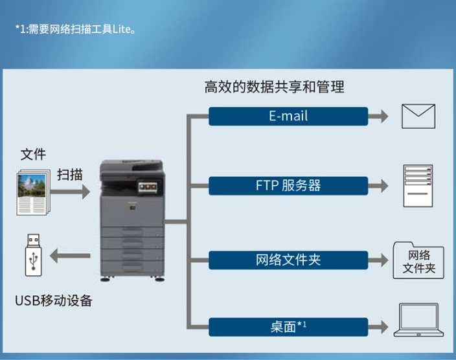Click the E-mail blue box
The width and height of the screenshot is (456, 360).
[288, 117]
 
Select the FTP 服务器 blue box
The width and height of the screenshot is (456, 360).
[288, 186]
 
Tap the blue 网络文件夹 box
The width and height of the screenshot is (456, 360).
[288, 260]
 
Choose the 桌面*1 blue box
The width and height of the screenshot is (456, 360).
[288, 327]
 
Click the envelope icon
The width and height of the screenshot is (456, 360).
[418, 117]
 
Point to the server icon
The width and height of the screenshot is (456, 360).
[416, 186]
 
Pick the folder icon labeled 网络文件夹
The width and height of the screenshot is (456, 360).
[418, 260]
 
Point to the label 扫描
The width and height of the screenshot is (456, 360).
[70, 174]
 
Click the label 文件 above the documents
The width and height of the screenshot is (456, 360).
[33, 154]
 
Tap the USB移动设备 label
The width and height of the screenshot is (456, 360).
[53, 300]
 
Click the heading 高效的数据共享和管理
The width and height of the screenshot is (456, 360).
[274, 87]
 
